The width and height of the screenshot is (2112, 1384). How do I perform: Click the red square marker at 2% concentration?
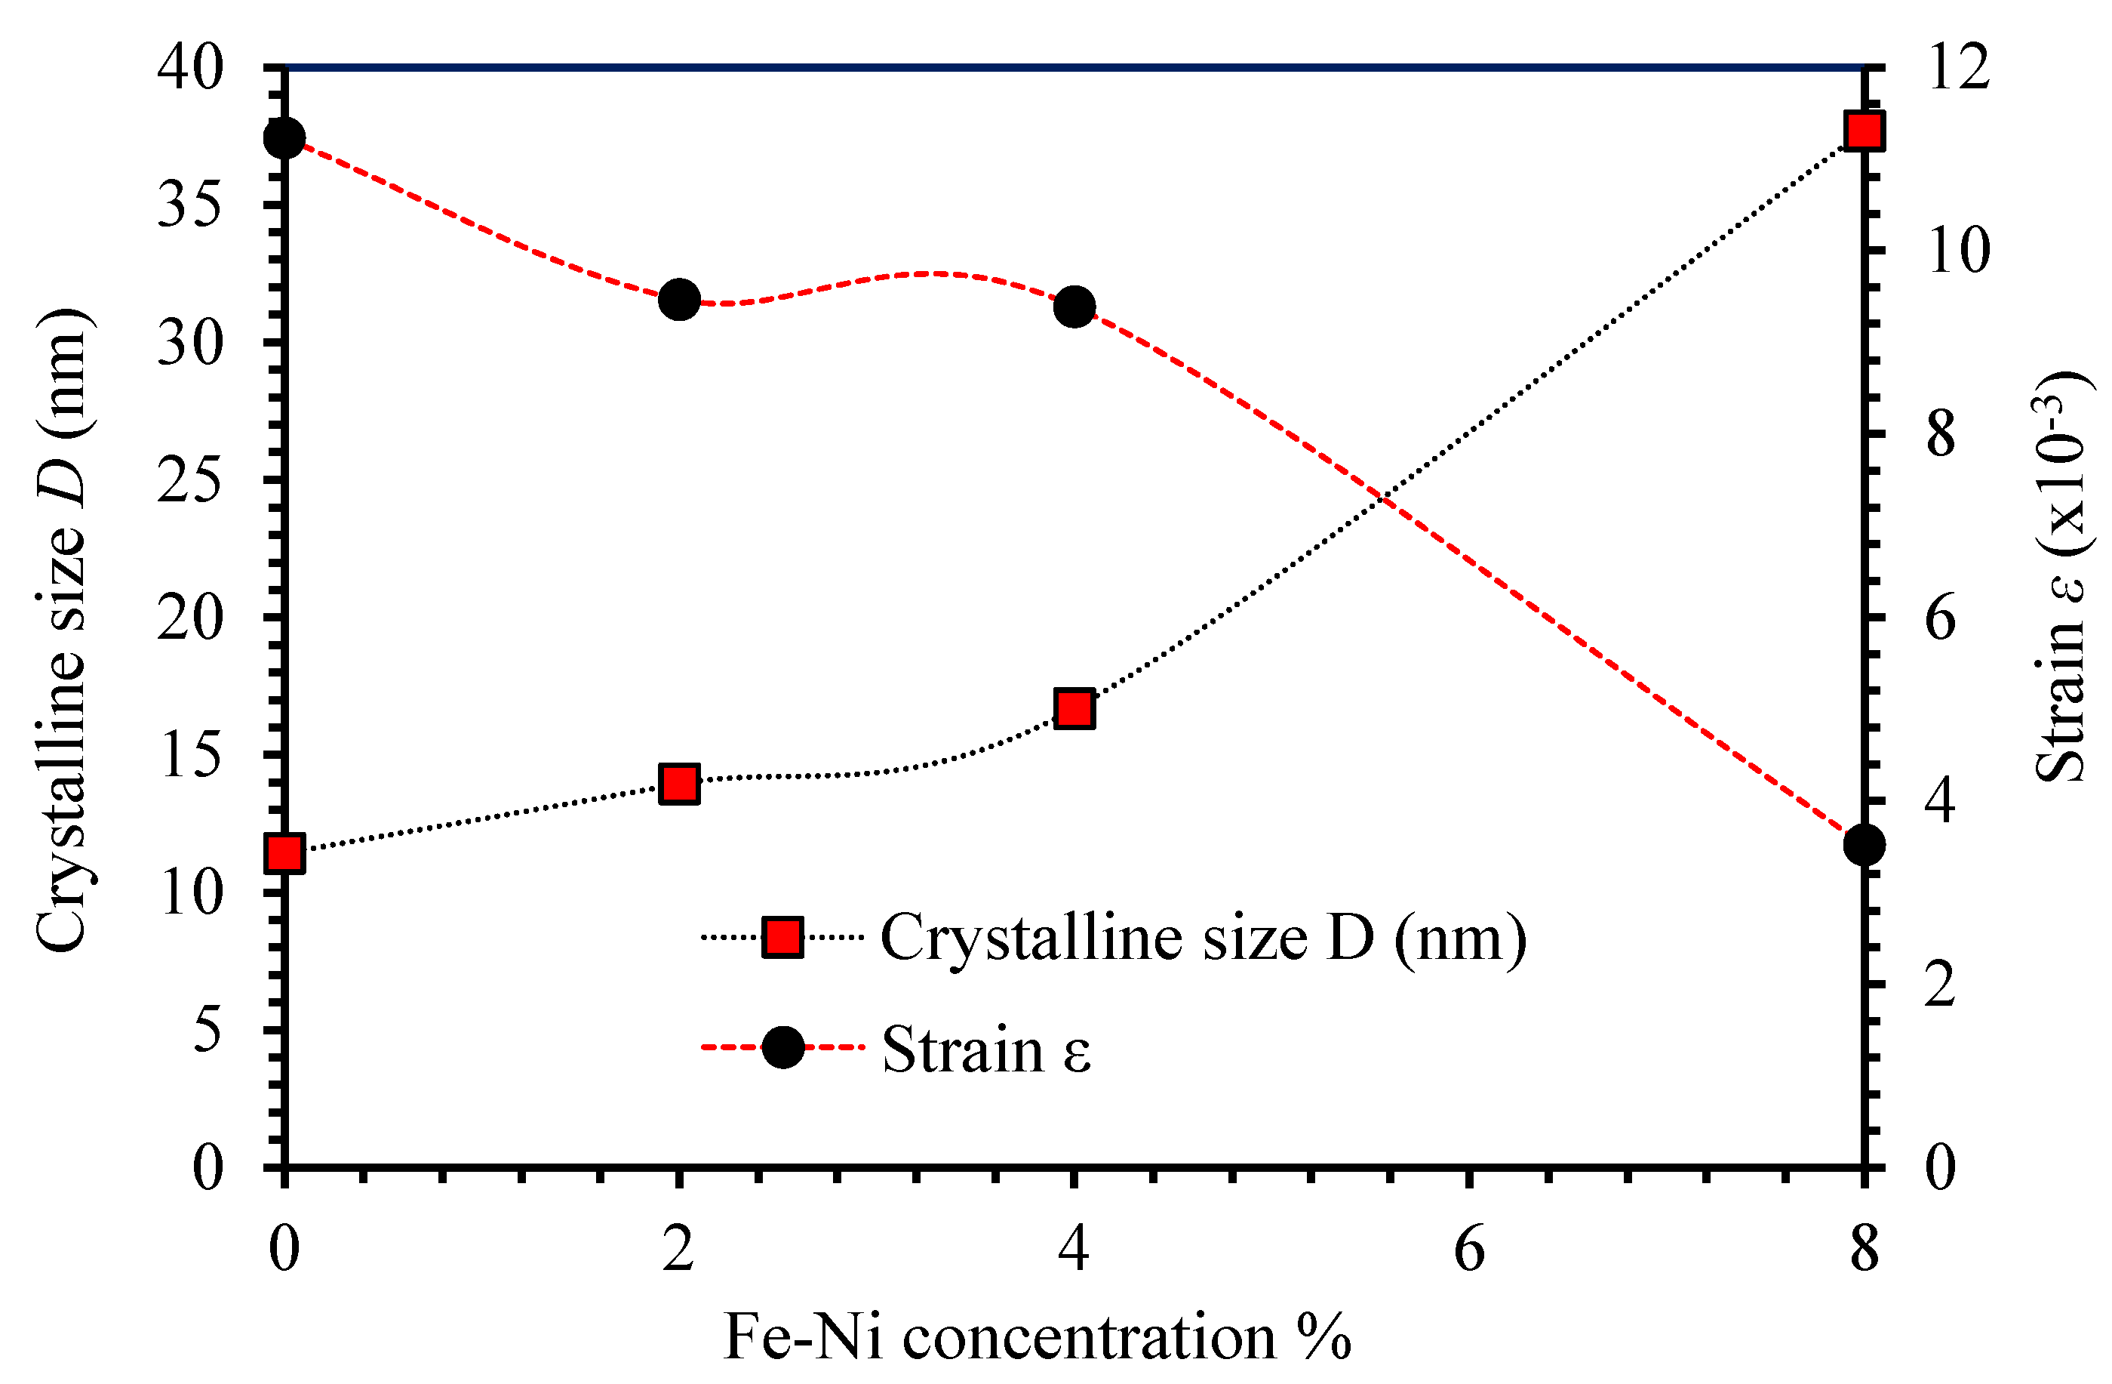pyautogui.click(x=679, y=784)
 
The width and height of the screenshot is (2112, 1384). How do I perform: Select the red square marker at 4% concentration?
pyautogui.click(x=1074, y=708)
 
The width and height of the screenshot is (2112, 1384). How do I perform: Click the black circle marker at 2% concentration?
pyautogui.click(x=680, y=300)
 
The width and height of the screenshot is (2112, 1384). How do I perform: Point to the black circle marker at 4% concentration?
pyautogui.click(x=1074, y=307)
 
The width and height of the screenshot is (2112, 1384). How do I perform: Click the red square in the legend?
pyautogui.click(x=782, y=938)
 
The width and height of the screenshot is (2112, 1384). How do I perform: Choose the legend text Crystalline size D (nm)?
pyautogui.click(x=1204, y=938)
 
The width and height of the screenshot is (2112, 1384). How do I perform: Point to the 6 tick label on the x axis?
pyautogui.click(x=1468, y=1249)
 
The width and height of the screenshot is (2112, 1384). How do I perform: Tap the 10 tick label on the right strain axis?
pyautogui.click(x=1957, y=251)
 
